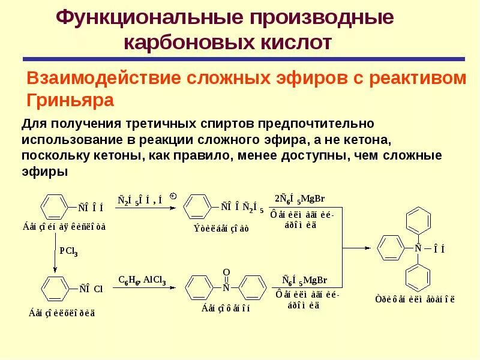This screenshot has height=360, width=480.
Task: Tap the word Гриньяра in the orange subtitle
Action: click(71, 100)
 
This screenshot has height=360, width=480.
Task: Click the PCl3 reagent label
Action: click(68, 252)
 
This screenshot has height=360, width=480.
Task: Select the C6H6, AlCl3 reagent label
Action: click(142, 280)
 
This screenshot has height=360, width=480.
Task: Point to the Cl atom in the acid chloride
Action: click(98, 289)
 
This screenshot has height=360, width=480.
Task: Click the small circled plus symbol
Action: click(173, 196)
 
